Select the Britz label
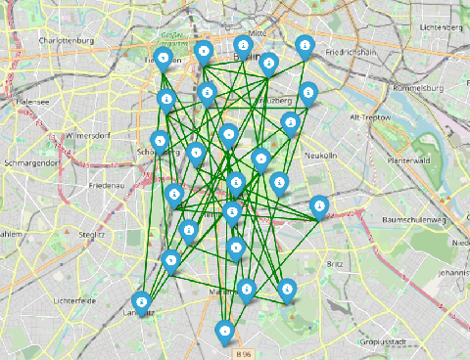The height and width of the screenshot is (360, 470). (337, 264)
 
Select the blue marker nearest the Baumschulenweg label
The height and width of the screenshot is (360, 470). (319, 206)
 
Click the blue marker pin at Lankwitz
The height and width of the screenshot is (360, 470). (142, 302)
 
